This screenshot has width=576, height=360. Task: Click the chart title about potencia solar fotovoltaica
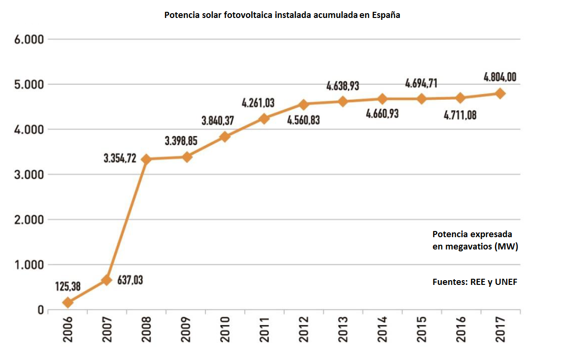coord(282,15)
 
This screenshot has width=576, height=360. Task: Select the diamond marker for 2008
coord(146,160)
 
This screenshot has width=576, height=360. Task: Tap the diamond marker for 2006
coord(68,302)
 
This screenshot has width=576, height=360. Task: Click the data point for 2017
coord(500,94)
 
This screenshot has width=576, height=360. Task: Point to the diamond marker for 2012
coord(304,104)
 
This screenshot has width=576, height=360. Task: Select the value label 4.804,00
coord(500,77)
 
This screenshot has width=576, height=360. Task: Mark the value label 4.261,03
coord(258,103)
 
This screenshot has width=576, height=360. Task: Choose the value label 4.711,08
coord(460,114)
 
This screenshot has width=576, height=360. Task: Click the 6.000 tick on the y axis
coord(28,39)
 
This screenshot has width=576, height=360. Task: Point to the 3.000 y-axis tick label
coord(28,175)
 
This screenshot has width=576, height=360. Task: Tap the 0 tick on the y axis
coord(41,310)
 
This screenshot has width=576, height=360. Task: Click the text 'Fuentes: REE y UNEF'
coord(475,282)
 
